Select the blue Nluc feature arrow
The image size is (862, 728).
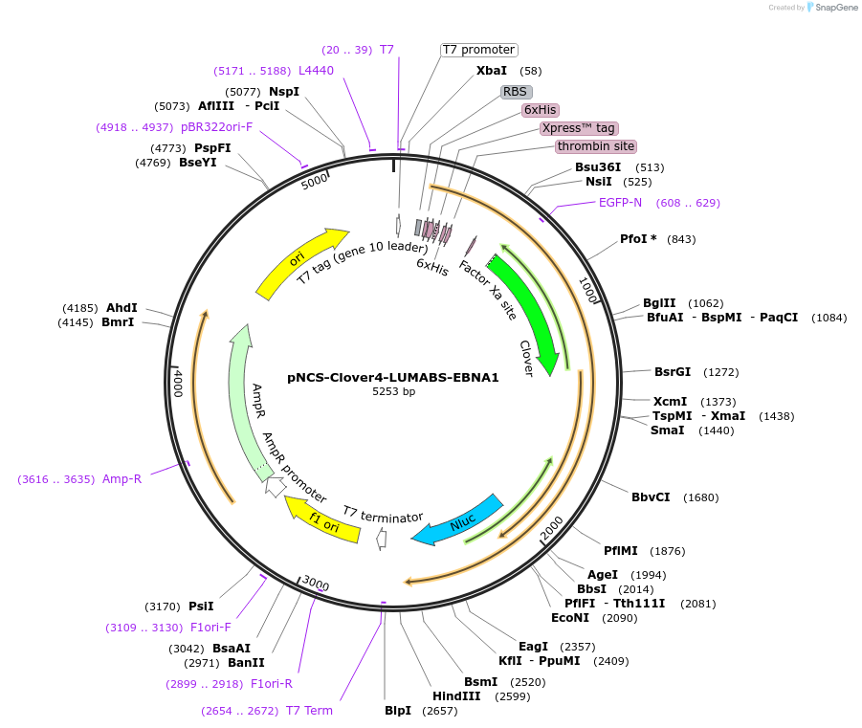tap(459, 520)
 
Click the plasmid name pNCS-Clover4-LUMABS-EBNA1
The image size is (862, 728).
tap(393, 377)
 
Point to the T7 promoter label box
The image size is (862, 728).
tap(478, 50)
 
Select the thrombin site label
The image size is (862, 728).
tap(596, 146)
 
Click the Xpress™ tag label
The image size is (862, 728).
tap(578, 128)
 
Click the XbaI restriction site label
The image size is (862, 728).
tap(492, 71)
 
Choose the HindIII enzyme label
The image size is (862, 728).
tap(456, 696)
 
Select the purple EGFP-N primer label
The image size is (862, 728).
tap(620, 203)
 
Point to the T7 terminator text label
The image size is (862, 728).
tap(383, 517)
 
